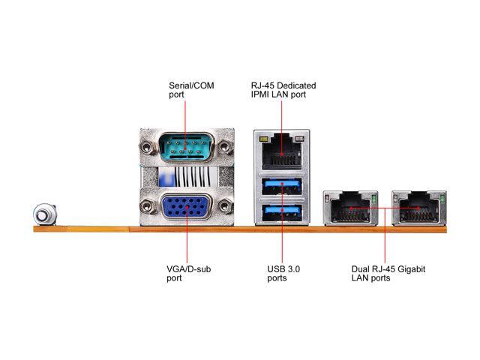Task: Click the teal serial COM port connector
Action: tap(186, 146)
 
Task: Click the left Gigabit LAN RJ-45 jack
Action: tap(349, 208)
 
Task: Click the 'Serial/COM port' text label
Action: tap(191, 91)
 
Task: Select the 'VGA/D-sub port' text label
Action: tap(188, 273)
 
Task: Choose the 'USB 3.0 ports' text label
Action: tap(283, 273)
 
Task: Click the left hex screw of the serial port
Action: tap(147, 147)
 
